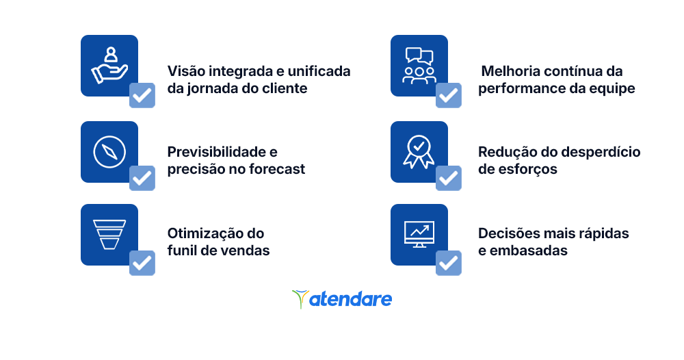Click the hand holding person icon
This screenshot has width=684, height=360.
pyautogui.click(x=109, y=66)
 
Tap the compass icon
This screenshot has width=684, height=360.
pyautogui.click(x=109, y=152)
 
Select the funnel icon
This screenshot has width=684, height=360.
pyautogui.click(x=109, y=234)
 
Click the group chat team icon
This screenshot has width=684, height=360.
pyautogui.click(x=419, y=66)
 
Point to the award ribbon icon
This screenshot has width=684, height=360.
pyautogui.click(x=419, y=152)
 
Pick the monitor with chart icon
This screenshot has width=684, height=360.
pyautogui.click(x=419, y=234)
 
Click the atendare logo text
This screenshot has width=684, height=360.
pyautogui.click(x=350, y=299)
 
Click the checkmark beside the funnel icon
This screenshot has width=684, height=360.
pyautogui.click(x=142, y=263)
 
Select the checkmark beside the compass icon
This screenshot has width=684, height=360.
pyautogui.click(x=142, y=178)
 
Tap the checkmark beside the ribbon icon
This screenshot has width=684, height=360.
pyautogui.click(x=449, y=178)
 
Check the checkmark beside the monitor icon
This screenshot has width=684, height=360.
pyautogui.click(x=449, y=263)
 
